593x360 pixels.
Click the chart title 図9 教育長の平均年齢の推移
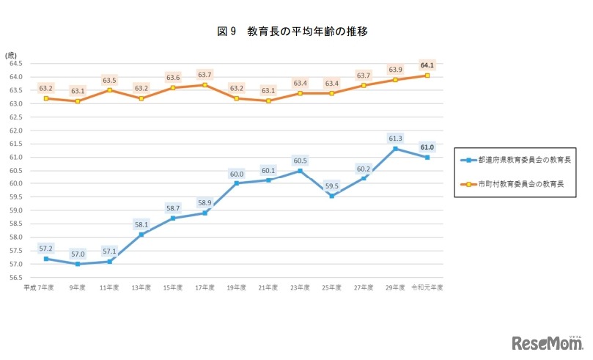click(297, 32)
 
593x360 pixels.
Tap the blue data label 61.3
click(395, 137)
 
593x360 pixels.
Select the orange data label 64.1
click(427, 65)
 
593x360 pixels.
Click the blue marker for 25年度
click(331, 196)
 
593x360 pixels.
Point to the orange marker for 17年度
click(205, 85)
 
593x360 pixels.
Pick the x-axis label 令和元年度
click(427, 287)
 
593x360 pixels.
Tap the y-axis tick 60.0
click(16, 183)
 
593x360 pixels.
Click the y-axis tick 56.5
click(16, 277)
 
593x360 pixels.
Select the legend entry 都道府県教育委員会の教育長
click(523, 159)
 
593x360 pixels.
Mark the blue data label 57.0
click(78, 254)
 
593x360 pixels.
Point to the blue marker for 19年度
click(236, 183)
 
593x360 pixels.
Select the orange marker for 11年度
click(109, 90)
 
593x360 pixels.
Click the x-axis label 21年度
click(268, 287)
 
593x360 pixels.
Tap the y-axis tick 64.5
click(16, 64)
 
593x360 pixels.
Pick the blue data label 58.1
click(141, 224)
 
